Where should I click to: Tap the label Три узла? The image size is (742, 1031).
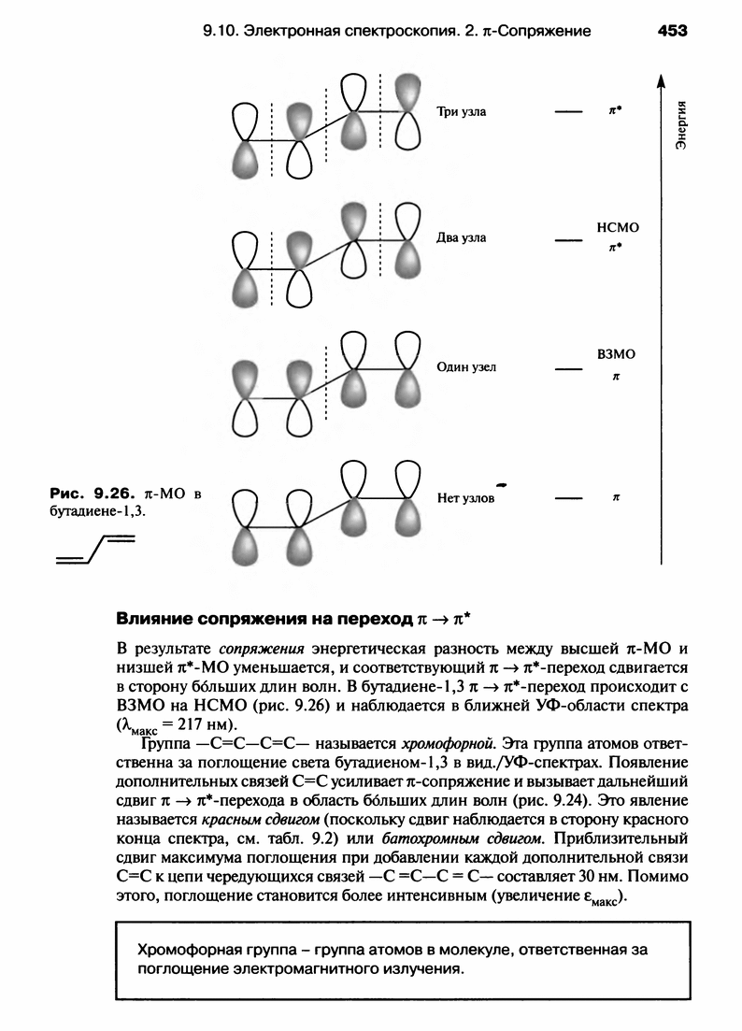(x=462, y=112)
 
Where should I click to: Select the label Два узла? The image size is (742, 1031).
(x=462, y=237)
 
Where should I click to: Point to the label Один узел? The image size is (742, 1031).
(x=466, y=367)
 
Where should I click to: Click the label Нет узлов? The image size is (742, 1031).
(x=465, y=499)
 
